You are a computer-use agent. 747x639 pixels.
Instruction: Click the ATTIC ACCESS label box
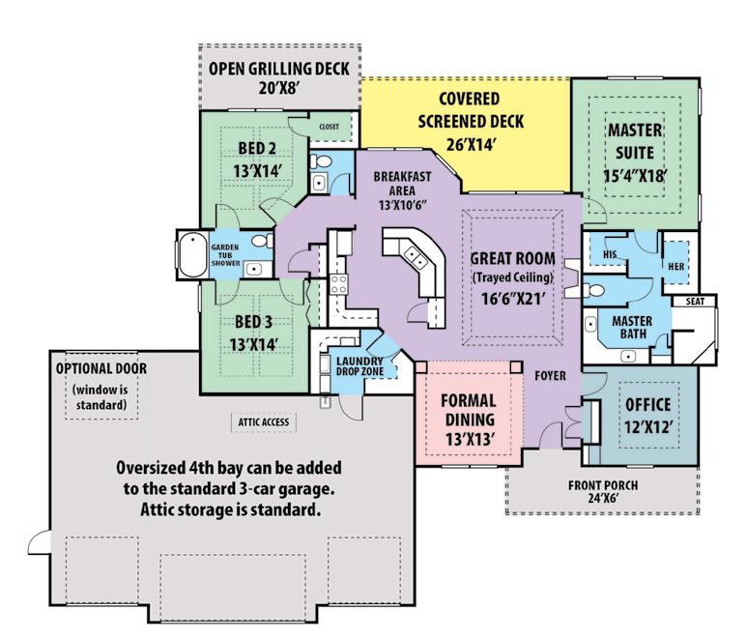click(264, 422)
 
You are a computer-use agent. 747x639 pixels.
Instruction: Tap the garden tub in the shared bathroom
click(193, 254)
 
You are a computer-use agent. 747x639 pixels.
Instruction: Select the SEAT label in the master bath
click(695, 302)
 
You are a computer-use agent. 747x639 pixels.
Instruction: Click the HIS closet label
click(610, 254)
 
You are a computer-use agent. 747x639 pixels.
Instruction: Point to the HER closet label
click(676, 267)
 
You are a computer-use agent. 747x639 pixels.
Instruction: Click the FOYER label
click(550, 376)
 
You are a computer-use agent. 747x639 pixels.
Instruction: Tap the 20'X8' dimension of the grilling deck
click(278, 89)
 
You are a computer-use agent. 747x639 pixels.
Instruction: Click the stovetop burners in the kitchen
click(339, 284)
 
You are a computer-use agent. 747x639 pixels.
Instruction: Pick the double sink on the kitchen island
click(413, 257)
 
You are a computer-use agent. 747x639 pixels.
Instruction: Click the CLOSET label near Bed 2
click(330, 127)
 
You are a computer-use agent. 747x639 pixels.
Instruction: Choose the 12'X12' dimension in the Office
click(648, 427)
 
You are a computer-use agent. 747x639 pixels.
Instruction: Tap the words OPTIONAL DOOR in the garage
click(101, 368)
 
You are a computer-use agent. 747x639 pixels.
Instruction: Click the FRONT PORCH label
click(603, 485)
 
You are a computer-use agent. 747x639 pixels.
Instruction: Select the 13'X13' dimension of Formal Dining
click(469, 439)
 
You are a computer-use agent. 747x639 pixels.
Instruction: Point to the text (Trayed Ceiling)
click(512, 277)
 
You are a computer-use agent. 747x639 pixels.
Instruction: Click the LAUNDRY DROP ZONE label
click(359, 366)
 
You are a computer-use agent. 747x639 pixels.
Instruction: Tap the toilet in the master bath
click(593, 290)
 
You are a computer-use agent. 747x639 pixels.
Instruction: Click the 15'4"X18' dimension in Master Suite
click(635, 176)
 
